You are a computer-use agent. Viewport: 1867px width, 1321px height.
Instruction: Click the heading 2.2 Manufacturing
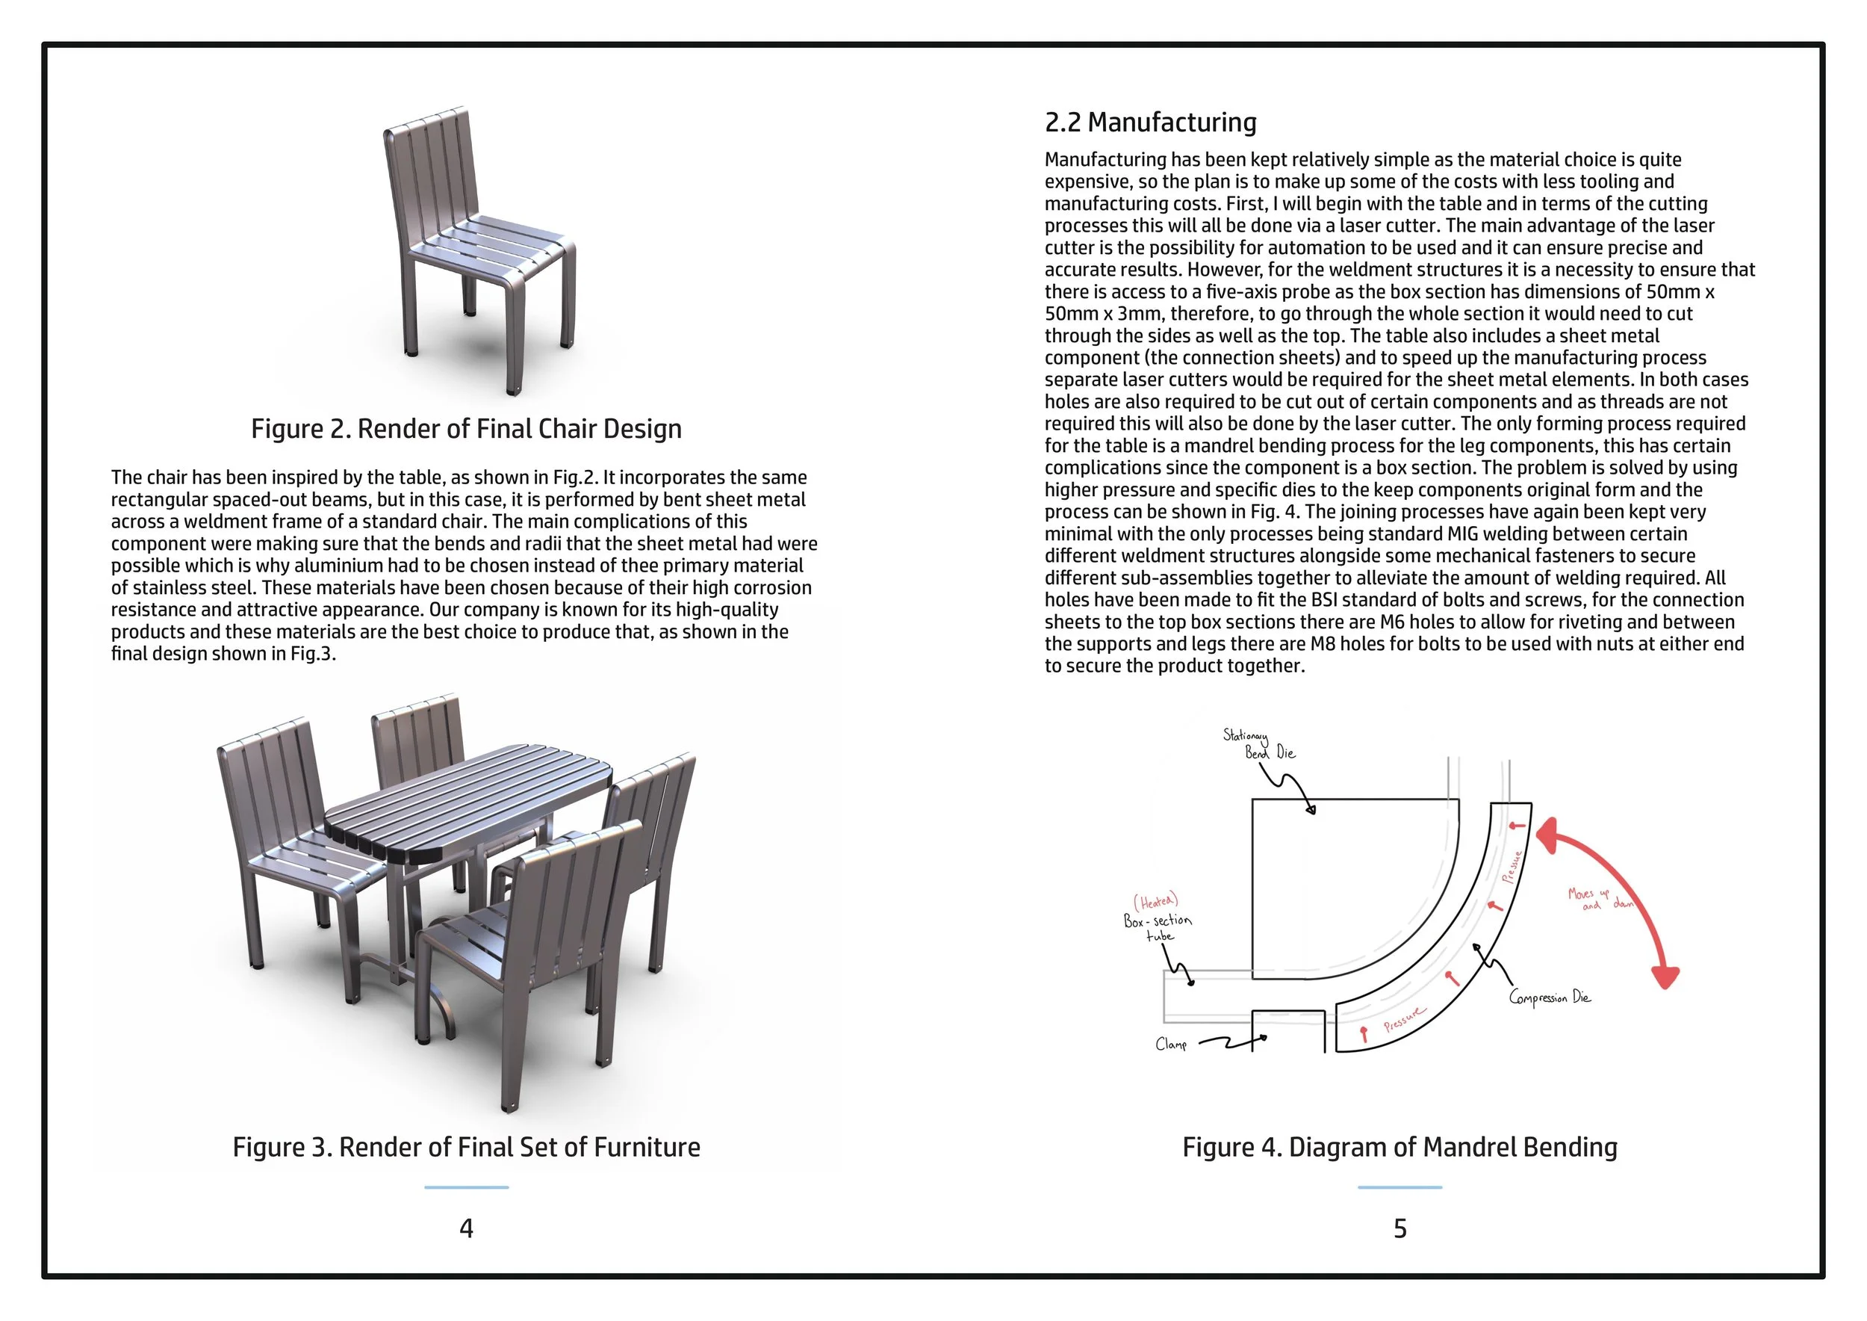(1150, 123)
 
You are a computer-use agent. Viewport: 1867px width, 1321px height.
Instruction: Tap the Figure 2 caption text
(466, 429)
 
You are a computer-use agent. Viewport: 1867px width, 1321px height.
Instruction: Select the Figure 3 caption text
(466, 1147)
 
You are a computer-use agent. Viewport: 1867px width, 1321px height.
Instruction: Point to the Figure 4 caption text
(1400, 1147)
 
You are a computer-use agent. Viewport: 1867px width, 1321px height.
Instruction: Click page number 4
(466, 1228)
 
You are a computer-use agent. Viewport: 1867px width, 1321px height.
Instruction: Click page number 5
(1400, 1228)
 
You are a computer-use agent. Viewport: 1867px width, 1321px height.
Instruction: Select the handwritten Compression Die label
(1549, 997)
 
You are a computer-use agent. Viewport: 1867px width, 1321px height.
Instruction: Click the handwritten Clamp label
(1171, 1044)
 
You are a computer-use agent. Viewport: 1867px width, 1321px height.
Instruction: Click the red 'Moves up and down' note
(1599, 899)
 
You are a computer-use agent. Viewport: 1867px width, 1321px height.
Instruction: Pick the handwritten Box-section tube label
(1157, 927)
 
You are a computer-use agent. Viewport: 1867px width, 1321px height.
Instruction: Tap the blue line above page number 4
(466, 1187)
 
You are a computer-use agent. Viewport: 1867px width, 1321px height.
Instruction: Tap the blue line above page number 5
(1400, 1187)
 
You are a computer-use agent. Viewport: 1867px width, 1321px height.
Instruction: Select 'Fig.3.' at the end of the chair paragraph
(313, 654)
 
